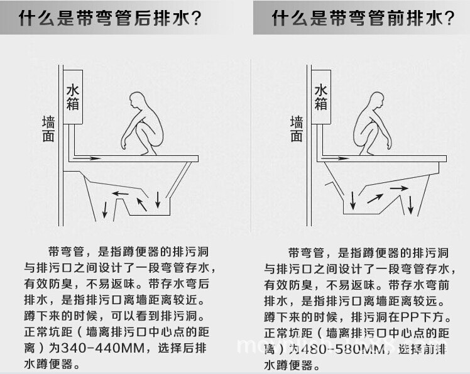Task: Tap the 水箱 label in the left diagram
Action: coord(74,97)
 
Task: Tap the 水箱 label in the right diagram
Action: coord(321,97)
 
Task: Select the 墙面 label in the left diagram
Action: coord(48,129)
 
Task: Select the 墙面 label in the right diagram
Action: coord(297,129)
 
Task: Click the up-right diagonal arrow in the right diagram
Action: coord(375,198)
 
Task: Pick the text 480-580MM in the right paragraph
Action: coord(336,348)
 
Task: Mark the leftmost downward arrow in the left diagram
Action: coord(106,209)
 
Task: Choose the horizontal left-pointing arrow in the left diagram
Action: coord(121,193)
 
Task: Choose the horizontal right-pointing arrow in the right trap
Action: coord(397,187)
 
